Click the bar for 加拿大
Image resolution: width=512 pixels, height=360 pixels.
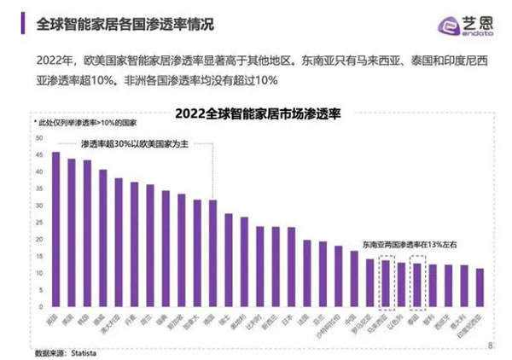197,254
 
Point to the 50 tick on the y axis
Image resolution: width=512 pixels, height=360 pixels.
37,138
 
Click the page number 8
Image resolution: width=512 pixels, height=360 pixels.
490,345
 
